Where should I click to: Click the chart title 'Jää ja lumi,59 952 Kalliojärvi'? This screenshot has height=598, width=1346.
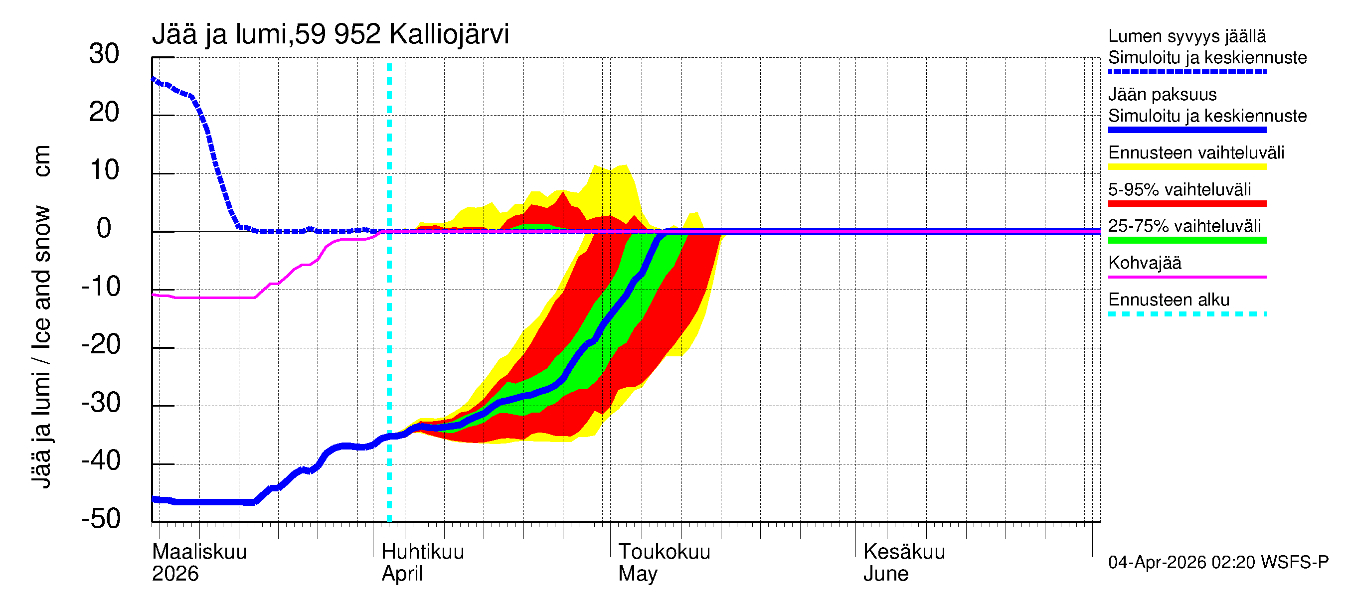(330, 34)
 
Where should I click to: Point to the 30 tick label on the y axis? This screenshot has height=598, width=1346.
(104, 54)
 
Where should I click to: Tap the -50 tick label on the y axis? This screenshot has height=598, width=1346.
(101, 519)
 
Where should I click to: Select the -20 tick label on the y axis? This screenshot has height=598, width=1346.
(101, 345)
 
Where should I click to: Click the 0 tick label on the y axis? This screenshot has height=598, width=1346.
(104, 228)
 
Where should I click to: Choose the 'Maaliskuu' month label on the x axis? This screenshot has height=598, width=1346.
(199, 552)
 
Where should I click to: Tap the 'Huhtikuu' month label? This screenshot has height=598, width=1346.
(422, 552)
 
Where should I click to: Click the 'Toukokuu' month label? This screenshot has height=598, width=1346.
(664, 552)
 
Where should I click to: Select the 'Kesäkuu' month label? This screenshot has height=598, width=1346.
(903, 552)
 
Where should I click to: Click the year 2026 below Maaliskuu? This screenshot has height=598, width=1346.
(175, 574)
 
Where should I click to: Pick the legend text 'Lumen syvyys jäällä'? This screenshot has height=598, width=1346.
(1186, 36)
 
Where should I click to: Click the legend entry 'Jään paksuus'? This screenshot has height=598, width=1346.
(1162, 95)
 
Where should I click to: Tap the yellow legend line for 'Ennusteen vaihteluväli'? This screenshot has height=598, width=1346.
(1186, 167)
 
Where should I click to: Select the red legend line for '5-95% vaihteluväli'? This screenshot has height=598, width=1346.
(1186, 204)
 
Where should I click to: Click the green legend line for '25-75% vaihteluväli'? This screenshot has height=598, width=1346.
(1186, 240)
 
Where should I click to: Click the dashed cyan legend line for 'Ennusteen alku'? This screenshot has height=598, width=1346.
(1186, 314)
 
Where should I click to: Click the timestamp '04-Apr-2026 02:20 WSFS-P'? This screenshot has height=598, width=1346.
(1217, 563)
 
